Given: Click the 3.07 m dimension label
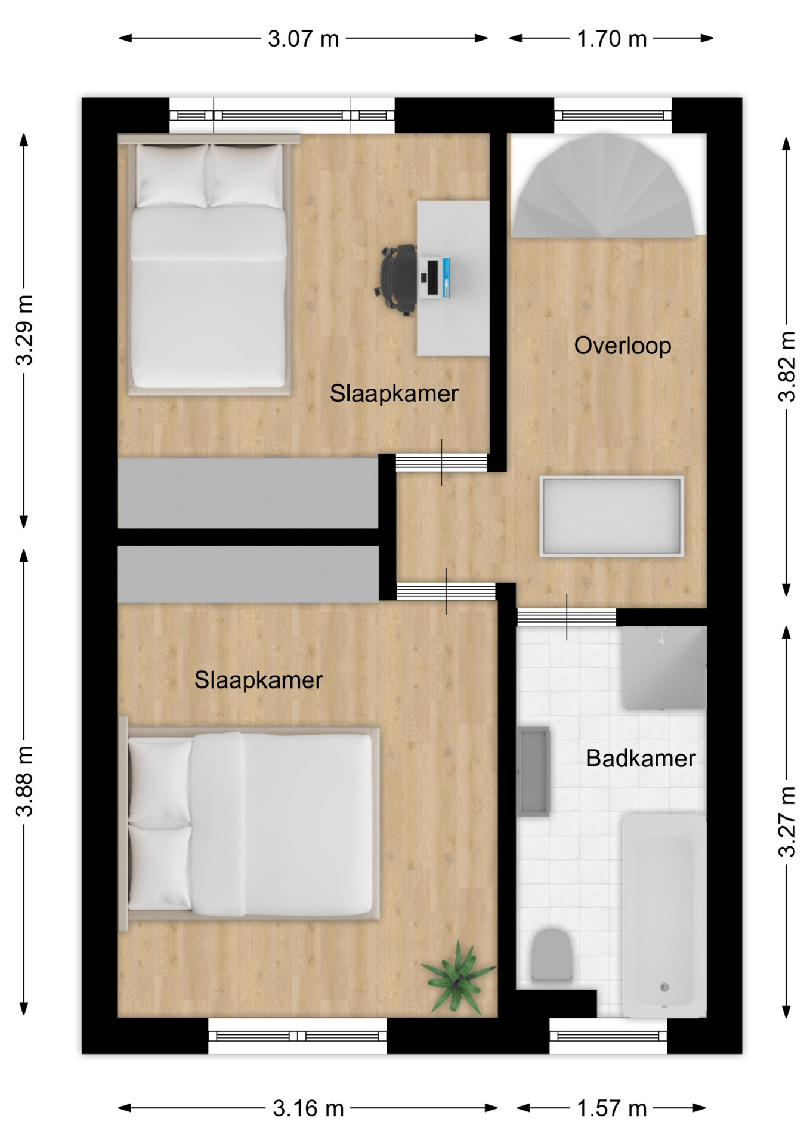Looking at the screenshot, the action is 303,39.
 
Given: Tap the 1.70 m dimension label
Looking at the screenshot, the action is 611,39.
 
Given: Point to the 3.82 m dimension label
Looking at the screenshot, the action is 787,366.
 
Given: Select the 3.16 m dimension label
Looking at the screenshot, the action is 308,1108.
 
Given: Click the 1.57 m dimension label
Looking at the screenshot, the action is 611,1108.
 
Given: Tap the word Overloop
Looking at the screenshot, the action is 623,346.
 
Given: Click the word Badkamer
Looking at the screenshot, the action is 641,758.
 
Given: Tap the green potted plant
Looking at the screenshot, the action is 457,977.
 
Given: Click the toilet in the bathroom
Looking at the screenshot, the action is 552,955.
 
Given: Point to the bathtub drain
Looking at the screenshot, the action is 664,988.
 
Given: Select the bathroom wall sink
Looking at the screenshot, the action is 533,771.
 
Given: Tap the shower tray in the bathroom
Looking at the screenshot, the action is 664,667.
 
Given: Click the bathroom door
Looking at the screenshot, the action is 566,617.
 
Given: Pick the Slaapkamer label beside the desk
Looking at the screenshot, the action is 394,393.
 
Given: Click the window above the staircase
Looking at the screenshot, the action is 613,115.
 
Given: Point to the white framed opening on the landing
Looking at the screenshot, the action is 611,516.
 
